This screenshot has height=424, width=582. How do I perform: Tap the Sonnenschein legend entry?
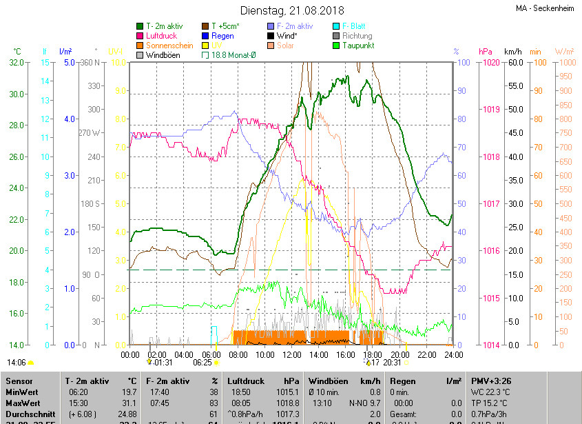(x=169, y=45)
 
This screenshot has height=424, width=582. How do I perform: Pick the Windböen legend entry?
(x=163, y=54)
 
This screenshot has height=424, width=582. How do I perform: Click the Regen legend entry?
(x=222, y=35)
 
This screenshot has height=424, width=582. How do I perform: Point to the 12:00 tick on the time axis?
(x=291, y=354)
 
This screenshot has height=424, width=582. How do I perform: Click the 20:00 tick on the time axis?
(x=398, y=354)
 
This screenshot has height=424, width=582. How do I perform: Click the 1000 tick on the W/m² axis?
(x=564, y=63)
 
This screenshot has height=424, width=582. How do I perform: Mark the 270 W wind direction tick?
(x=90, y=133)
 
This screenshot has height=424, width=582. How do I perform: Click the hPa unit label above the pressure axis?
(x=485, y=52)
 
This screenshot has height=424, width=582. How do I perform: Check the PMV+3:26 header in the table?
(x=491, y=381)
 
